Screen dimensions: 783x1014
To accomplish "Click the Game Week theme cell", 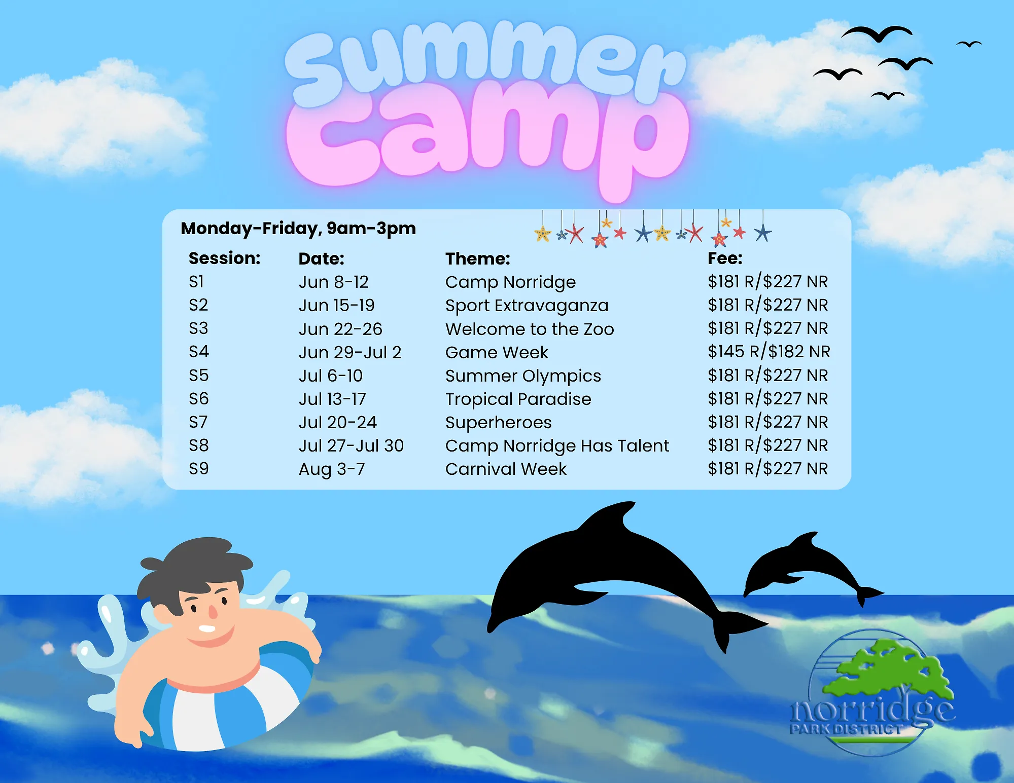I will [497, 352].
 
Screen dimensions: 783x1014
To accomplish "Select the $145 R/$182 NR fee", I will [768, 352].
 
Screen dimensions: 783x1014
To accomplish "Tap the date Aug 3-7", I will [332, 469].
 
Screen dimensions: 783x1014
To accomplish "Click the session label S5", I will [198, 376].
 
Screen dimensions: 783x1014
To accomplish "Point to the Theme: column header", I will [477, 258].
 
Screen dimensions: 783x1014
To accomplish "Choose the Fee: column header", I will [725, 258].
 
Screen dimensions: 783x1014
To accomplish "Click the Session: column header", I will [224, 258].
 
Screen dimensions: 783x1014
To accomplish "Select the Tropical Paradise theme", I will [518, 399].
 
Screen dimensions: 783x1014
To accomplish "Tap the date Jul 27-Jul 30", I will [351, 446].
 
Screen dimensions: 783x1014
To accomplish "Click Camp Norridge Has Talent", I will [557, 446].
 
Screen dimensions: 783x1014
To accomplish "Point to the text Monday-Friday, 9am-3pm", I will [298, 229].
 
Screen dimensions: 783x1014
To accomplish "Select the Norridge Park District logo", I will [872, 694].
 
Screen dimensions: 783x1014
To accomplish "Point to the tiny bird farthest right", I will [969, 45].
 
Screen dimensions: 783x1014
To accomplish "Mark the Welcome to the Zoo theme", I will [530, 329].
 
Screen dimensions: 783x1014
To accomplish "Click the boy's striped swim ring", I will [228, 710].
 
